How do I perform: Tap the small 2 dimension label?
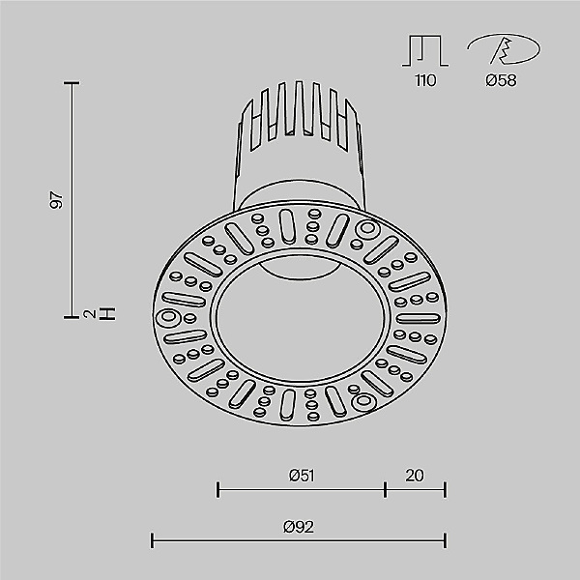89,314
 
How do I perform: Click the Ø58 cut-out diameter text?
501,80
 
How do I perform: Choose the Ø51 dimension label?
301,475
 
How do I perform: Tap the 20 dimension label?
415,475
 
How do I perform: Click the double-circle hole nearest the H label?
168,316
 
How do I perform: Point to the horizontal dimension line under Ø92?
299,539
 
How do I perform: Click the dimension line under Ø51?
301,488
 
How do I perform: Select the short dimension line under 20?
415,488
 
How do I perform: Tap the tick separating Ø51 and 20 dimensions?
385,488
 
